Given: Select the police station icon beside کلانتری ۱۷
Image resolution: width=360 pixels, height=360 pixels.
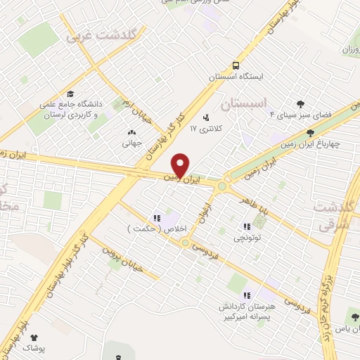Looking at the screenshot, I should [x=205, y=117].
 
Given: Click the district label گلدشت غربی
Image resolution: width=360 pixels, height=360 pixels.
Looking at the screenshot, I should [x=105, y=35].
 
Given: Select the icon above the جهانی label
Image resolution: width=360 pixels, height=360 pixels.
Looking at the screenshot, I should [x=131, y=132].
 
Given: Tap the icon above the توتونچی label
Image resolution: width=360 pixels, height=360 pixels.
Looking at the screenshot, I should [x=246, y=226].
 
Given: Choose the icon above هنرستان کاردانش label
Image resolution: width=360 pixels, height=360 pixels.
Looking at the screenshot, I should [x=246, y=295].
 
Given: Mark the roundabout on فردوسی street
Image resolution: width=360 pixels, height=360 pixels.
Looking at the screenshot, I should [x=185, y=243].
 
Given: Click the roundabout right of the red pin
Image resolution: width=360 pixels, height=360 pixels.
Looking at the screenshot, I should [x=223, y=186].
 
